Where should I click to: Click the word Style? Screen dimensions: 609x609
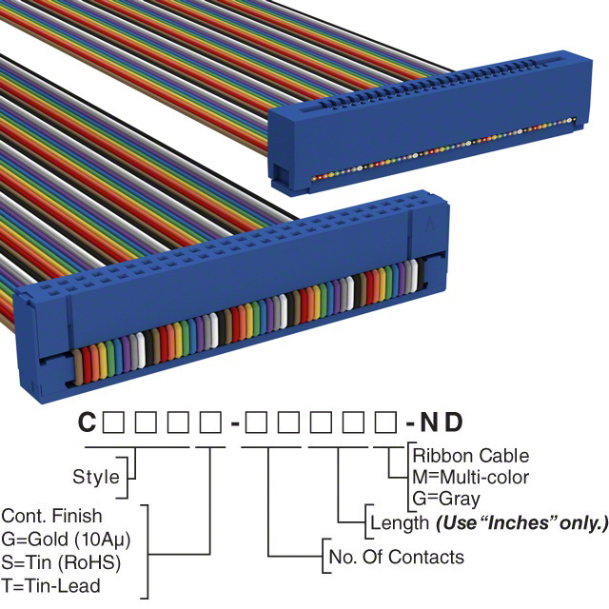coord(96,477)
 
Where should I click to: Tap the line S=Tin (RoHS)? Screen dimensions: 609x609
coord(60,560)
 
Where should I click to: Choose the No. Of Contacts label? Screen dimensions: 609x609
coord(395,557)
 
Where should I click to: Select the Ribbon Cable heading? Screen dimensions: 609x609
coord(470,456)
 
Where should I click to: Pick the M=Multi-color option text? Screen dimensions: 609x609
coord(470,477)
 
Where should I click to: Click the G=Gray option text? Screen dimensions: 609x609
coord(446,498)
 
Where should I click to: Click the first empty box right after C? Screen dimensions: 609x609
coord(112,421)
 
